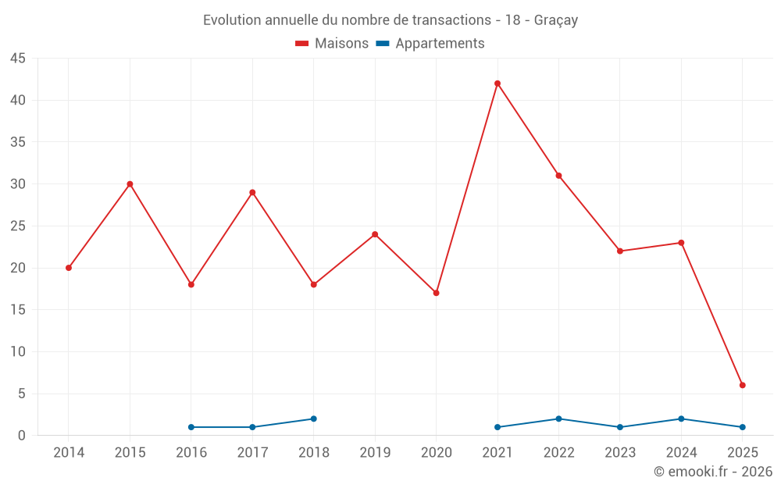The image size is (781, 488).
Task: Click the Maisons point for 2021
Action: tap(497, 84)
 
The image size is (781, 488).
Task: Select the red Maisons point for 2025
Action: tap(743, 385)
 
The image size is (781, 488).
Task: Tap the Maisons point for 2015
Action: tap(130, 184)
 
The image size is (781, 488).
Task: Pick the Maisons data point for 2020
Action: tap(437, 293)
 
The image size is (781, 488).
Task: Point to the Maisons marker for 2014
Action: tap(69, 268)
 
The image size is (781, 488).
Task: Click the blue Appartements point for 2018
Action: tap(314, 419)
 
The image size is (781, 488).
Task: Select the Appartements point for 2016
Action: tap(191, 427)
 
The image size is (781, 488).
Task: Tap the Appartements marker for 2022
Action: tap(559, 419)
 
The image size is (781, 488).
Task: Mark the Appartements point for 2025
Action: tap(743, 427)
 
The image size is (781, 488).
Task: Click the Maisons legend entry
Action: tap(332, 44)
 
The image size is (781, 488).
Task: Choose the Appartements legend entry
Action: tap(430, 44)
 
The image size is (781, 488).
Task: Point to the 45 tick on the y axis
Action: tap(18, 59)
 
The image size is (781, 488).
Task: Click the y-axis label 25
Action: tap(18, 226)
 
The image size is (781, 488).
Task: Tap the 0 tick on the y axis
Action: tap(22, 436)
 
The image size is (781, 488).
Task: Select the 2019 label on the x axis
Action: tap(375, 453)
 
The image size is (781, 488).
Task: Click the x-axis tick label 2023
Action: tap(620, 453)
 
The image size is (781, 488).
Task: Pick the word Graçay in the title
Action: tap(556, 20)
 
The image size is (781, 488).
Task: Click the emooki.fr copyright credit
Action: tap(713, 472)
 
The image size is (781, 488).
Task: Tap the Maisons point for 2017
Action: tap(252, 192)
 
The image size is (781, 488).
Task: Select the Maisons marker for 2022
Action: tap(559, 176)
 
